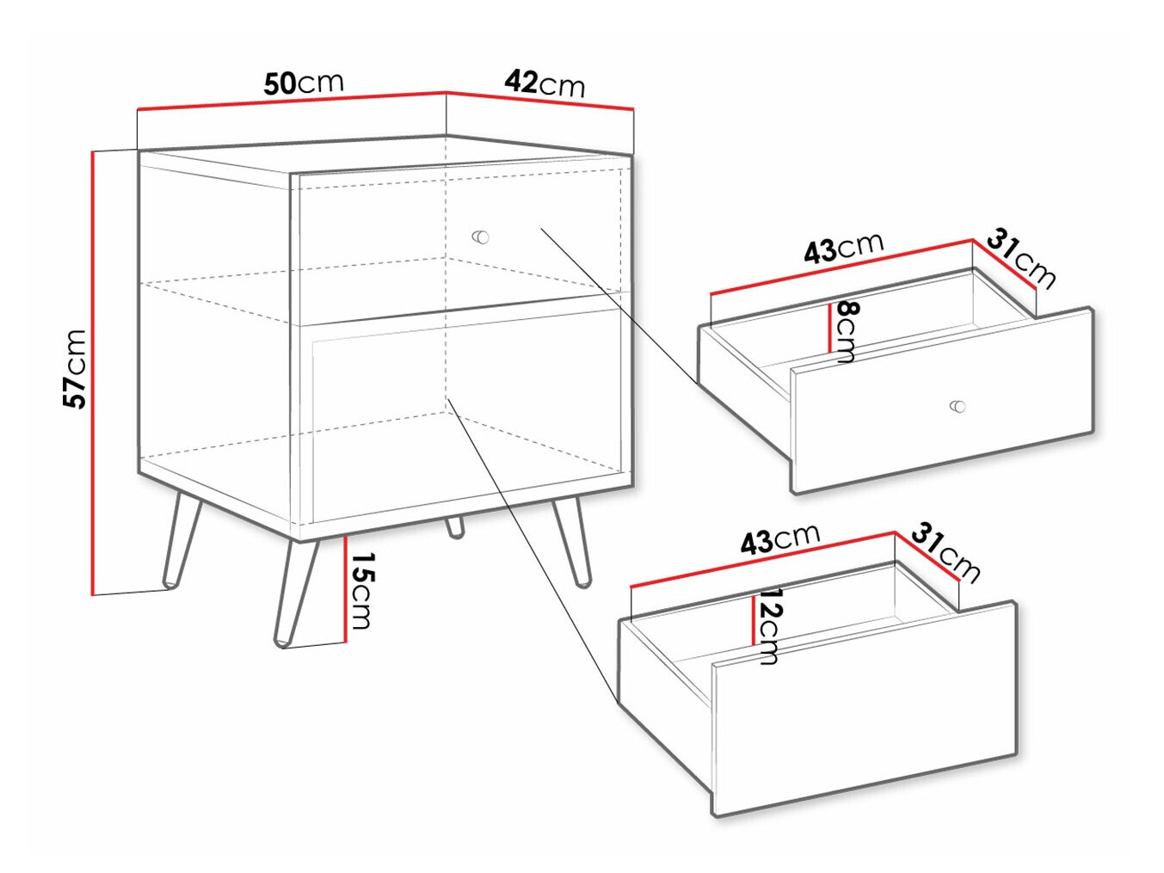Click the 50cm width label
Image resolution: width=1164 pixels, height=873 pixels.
[304, 83]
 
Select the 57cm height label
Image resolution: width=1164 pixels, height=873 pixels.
[74, 369]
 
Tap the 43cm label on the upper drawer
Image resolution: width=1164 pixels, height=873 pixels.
[844, 248]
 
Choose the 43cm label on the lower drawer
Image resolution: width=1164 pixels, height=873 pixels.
[780, 539]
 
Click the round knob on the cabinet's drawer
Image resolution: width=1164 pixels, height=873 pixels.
[480, 237]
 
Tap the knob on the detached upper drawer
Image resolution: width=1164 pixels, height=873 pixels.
[958, 407]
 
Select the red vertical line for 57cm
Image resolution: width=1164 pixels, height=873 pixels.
[93, 372]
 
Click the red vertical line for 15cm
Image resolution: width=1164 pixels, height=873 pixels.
[344, 589]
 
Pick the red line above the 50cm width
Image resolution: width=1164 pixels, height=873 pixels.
[292, 101]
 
